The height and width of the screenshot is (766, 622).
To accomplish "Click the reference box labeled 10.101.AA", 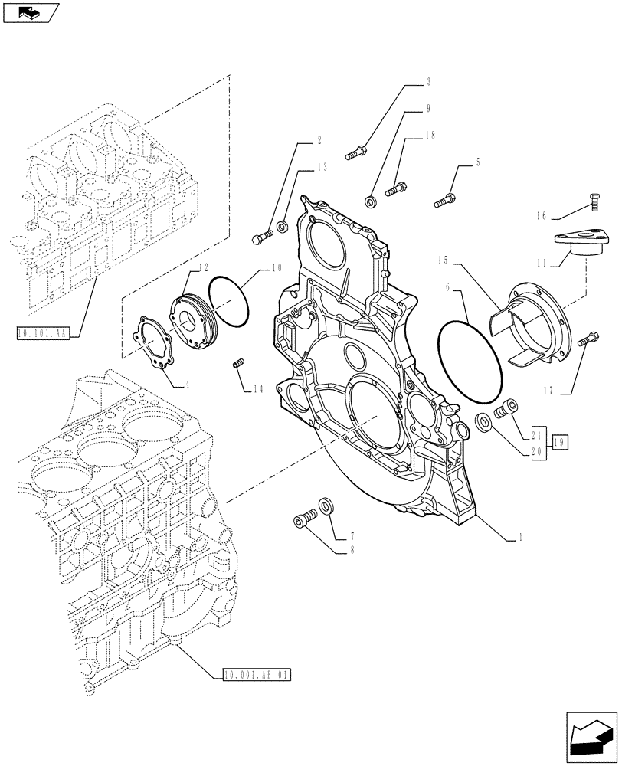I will pyautogui.click(x=42, y=332).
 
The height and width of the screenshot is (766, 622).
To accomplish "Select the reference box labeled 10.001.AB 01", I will pyautogui.click(x=257, y=675).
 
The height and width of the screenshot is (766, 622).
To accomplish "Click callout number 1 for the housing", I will pyautogui.click(x=521, y=538).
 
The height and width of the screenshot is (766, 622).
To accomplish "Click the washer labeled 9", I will pyautogui.click(x=372, y=201).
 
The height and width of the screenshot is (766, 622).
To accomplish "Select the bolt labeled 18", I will pyautogui.click(x=396, y=188).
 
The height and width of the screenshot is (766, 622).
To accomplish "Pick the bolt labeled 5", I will pyautogui.click(x=445, y=201).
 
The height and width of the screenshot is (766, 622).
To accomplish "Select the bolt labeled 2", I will pyautogui.click(x=260, y=237).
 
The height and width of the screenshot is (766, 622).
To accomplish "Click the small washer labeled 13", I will pyautogui.click(x=282, y=227).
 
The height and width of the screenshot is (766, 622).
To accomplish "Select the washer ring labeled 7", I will pyautogui.click(x=327, y=506).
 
